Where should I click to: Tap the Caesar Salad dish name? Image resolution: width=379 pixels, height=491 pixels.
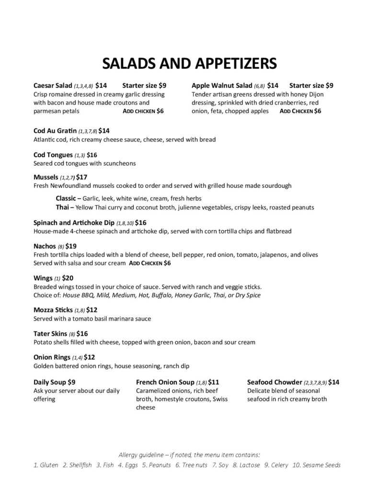53,85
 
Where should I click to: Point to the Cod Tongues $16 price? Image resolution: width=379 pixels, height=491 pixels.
92,155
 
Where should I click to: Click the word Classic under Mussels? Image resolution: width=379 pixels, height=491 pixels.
66,198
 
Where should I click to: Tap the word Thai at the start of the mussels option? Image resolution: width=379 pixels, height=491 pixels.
63,207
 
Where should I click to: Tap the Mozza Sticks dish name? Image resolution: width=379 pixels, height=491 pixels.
52,310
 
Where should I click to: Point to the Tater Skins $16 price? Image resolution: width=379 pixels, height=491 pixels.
82,333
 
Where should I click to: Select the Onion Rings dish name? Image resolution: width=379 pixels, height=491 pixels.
52,357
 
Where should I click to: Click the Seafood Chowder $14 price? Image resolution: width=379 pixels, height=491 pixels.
334,382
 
